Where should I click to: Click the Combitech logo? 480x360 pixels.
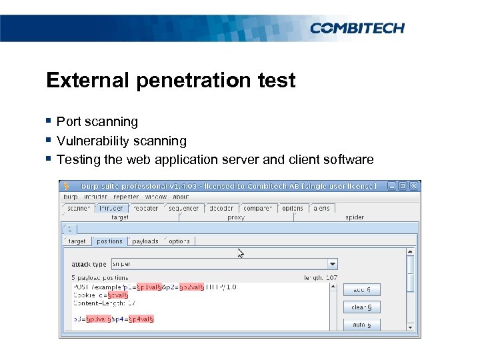(357, 27)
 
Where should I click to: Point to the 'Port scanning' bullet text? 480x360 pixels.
(97, 122)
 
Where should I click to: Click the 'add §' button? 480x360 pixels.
(362, 290)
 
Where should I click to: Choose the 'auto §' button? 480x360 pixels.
(362, 325)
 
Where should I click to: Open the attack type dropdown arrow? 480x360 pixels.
(333, 264)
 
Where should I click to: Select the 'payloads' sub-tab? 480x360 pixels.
(145, 241)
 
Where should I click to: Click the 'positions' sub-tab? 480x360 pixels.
(108, 241)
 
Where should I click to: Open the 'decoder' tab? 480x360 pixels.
(221, 208)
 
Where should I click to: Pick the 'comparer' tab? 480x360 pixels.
(257, 208)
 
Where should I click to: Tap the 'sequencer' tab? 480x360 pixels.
(183, 208)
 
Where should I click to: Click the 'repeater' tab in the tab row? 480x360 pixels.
(146, 208)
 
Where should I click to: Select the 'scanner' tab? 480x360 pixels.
(79, 208)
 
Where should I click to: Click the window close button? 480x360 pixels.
(413, 186)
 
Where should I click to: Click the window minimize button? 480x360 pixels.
(392, 186)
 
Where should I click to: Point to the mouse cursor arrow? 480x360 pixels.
(241, 253)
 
